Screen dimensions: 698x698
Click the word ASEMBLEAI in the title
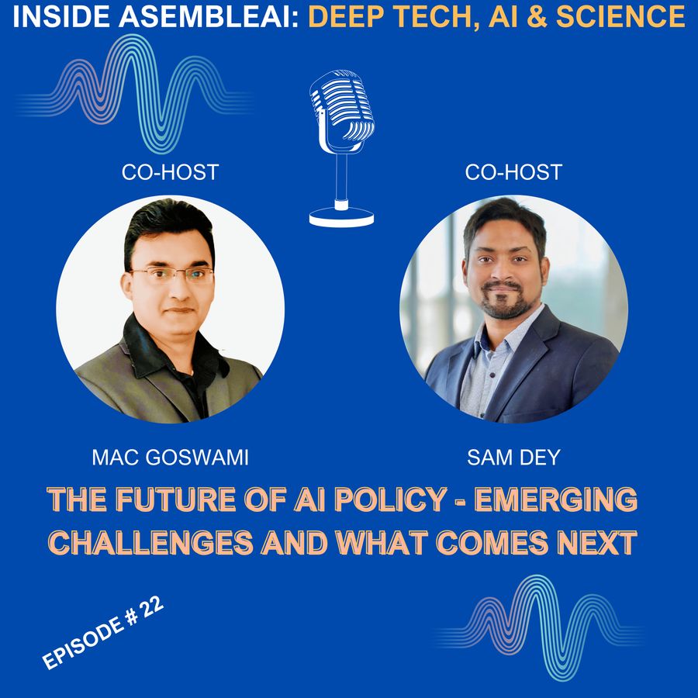[x=209, y=17]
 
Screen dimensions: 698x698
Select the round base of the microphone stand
[x=341, y=217]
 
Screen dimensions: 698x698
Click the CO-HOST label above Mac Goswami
[x=170, y=172]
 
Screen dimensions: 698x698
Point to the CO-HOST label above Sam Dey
[x=513, y=172]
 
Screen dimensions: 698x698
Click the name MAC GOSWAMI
[x=170, y=458]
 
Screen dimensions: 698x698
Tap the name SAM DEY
[x=513, y=458]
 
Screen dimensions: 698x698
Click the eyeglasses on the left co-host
[x=171, y=275]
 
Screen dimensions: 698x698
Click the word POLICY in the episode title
[x=390, y=499]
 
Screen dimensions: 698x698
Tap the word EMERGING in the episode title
[x=556, y=499]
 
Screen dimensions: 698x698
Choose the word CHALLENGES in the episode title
[x=150, y=543]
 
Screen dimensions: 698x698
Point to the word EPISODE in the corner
[x=83, y=643]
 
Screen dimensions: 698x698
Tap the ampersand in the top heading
[x=537, y=17]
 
